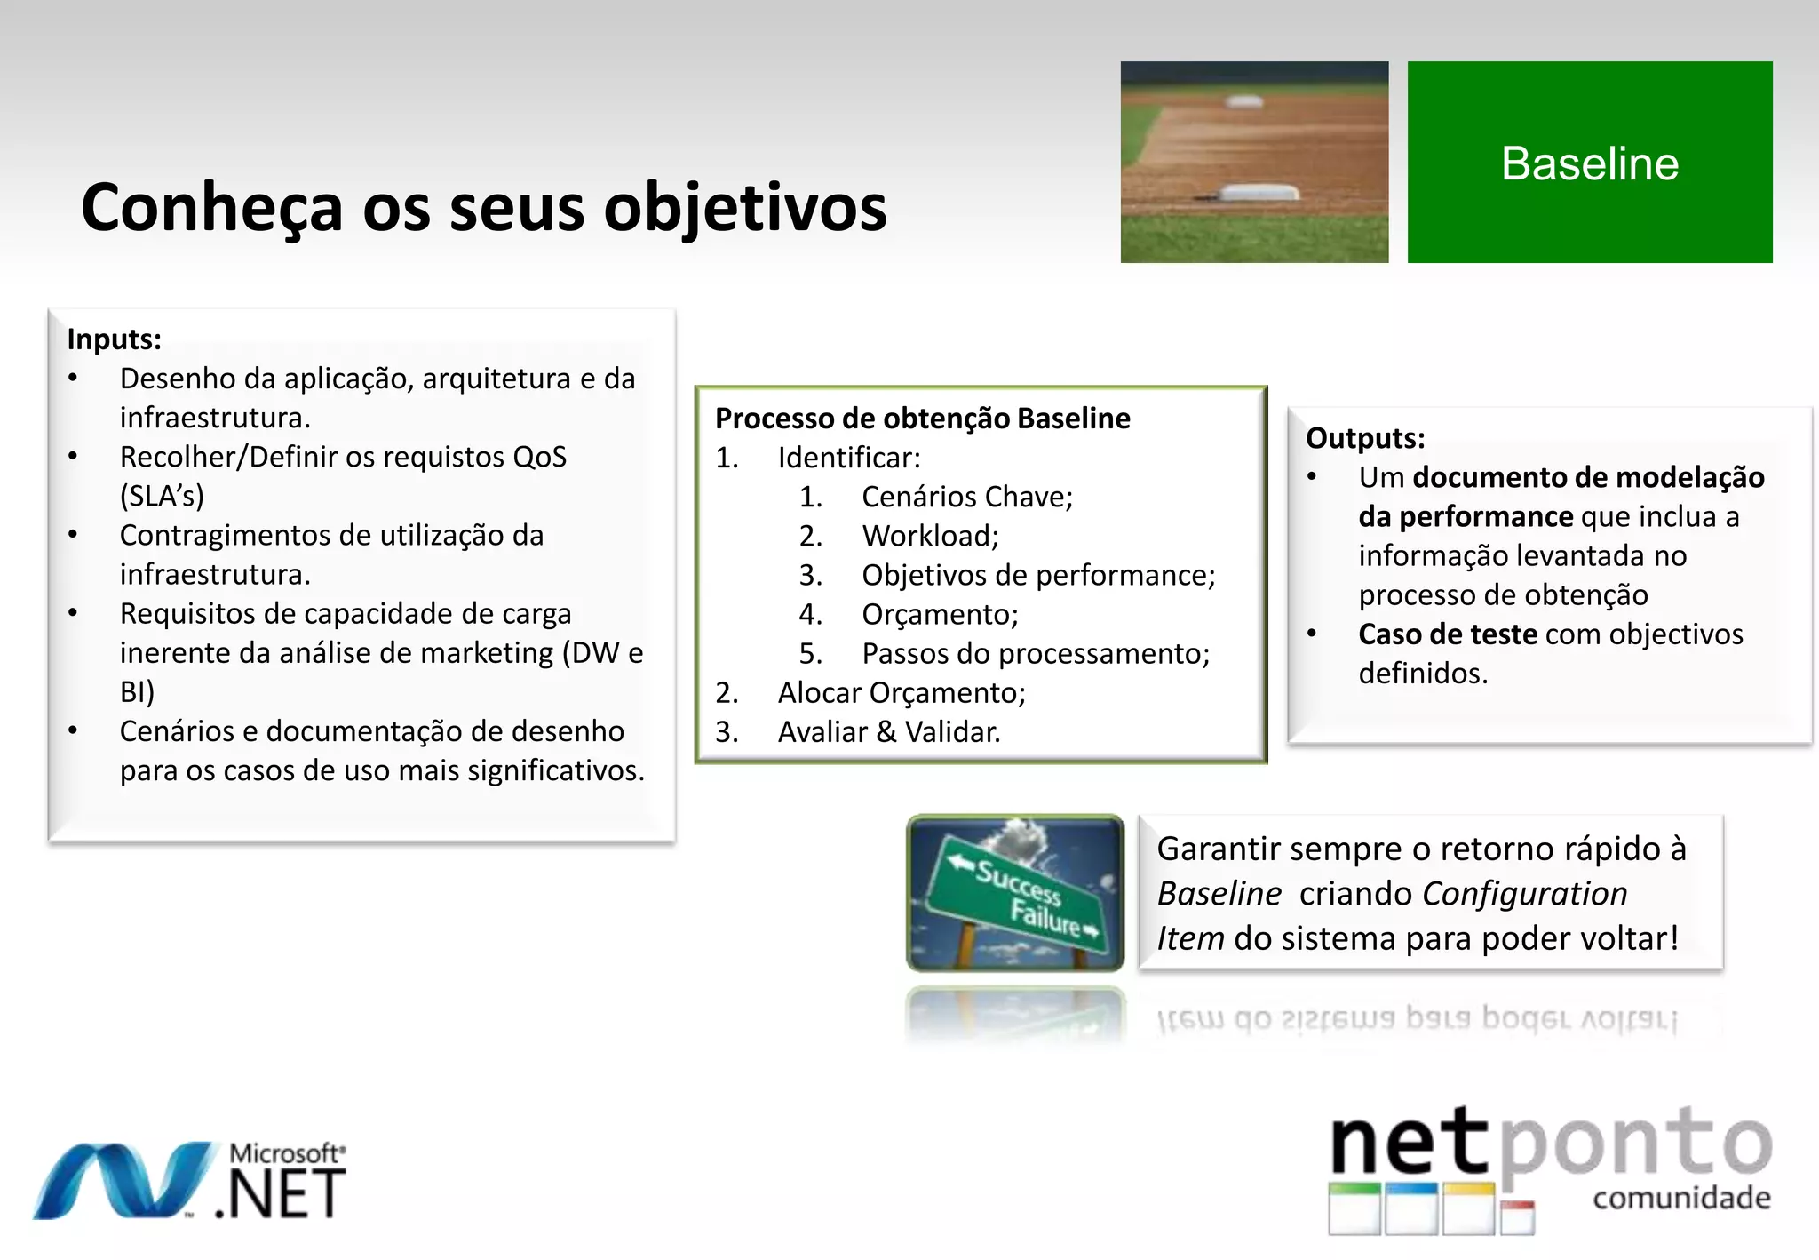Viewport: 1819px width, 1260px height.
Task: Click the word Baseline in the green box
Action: [1589, 163]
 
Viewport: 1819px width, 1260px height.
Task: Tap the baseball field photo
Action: [1253, 162]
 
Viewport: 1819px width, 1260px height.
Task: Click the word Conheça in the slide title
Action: [211, 207]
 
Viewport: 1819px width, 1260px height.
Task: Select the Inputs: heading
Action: [114, 339]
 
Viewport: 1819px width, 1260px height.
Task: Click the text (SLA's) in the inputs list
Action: [162, 496]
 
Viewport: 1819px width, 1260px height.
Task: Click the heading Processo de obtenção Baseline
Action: [922, 418]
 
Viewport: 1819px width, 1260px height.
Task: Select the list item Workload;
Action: [930, 536]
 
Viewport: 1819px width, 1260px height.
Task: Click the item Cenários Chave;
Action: [966, 497]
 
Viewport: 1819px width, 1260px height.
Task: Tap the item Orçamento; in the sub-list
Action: [940, 614]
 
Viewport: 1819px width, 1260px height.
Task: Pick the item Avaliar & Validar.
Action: [888, 731]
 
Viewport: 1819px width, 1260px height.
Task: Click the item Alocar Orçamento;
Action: [901, 692]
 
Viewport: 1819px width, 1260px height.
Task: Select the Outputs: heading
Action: [1364, 438]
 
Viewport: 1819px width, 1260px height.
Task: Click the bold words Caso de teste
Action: [1447, 634]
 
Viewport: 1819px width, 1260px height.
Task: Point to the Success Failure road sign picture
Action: [1014, 893]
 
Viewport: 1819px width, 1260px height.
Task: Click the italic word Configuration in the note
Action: [1524, 894]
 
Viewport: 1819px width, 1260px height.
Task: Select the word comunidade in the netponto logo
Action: [1680, 1198]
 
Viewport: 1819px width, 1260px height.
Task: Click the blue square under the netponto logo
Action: [1410, 1208]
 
